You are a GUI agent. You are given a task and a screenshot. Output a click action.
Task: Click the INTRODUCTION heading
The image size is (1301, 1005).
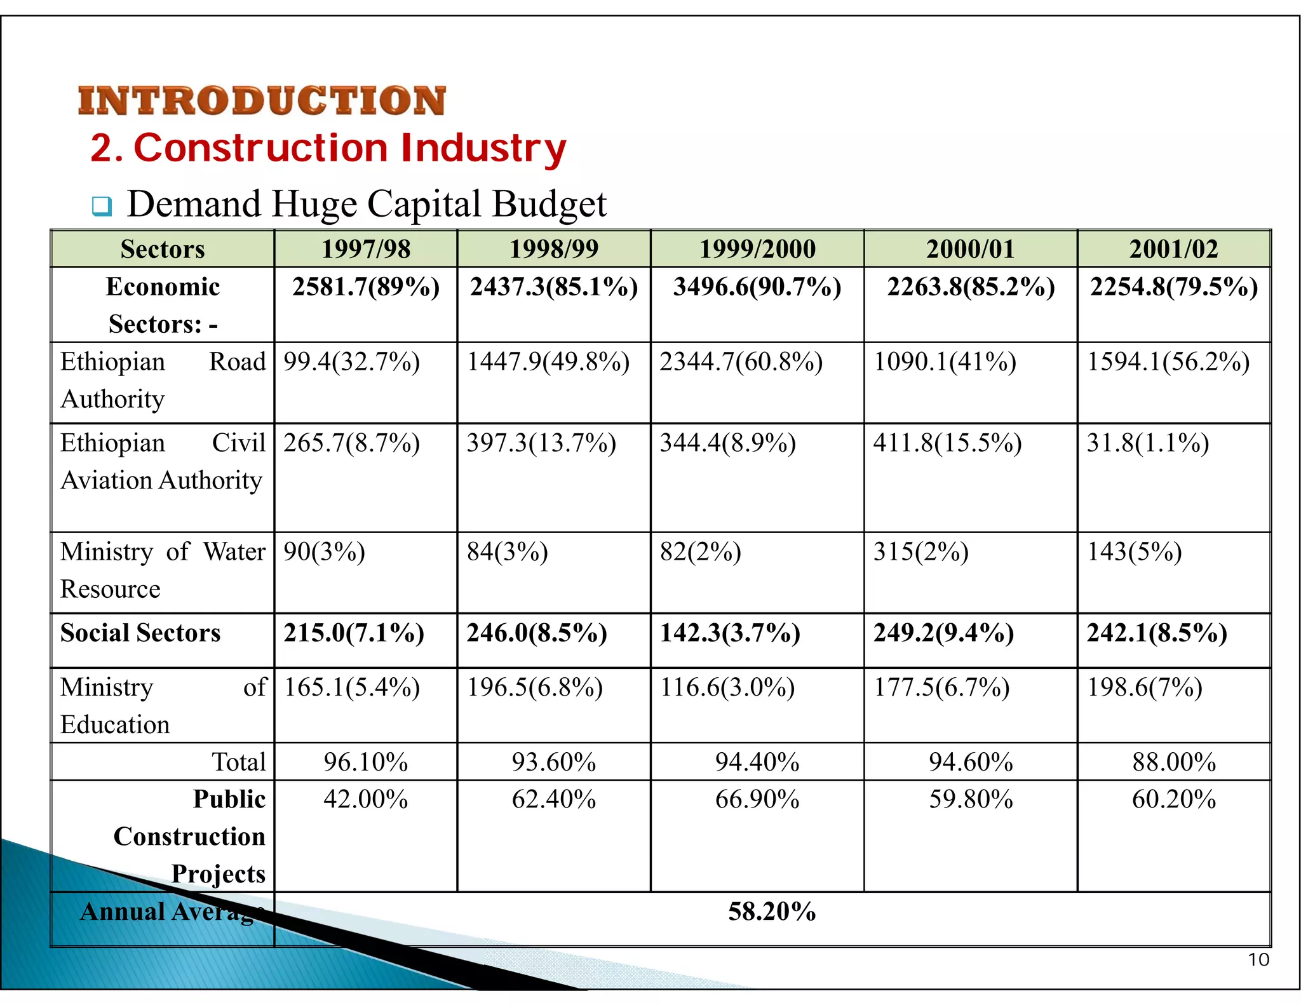(x=262, y=101)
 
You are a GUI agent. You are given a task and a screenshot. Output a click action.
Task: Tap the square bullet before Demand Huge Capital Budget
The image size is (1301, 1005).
(x=102, y=206)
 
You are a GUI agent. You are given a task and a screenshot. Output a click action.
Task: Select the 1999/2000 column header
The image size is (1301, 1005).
(x=757, y=249)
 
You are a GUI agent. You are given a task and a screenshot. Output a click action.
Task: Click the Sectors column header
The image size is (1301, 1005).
(x=163, y=249)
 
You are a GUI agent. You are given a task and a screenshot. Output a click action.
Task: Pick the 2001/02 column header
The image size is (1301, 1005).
(x=1173, y=249)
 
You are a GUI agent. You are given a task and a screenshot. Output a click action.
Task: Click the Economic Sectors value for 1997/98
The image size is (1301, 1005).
(x=366, y=287)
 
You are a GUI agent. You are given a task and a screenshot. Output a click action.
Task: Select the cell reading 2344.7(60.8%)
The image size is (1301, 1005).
(x=741, y=362)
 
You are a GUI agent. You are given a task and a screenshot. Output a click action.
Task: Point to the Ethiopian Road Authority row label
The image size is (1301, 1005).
(x=163, y=380)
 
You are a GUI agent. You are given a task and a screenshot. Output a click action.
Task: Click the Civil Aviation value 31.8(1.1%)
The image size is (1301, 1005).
(x=1147, y=443)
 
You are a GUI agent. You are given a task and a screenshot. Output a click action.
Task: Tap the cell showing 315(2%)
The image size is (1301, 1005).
(x=920, y=551)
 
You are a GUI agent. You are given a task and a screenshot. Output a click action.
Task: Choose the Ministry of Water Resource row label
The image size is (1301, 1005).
(x=163, y=570)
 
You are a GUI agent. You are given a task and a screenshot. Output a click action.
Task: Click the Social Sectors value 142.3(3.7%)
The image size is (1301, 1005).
(x=730, y=633)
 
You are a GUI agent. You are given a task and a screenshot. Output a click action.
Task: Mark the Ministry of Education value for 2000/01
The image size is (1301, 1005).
(x=941, y=687)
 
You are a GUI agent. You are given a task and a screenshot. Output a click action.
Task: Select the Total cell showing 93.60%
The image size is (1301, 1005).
(x=554, y=762)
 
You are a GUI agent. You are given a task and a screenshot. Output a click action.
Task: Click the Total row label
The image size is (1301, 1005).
(x=238, y=762)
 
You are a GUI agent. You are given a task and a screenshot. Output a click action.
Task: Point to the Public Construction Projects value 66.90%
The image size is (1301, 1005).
(x=757, y=799)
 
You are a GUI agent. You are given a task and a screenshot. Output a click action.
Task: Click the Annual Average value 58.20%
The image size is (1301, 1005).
(x=772, y=912)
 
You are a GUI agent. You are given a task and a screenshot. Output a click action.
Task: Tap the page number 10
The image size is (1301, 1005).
(x=1258, y=959)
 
